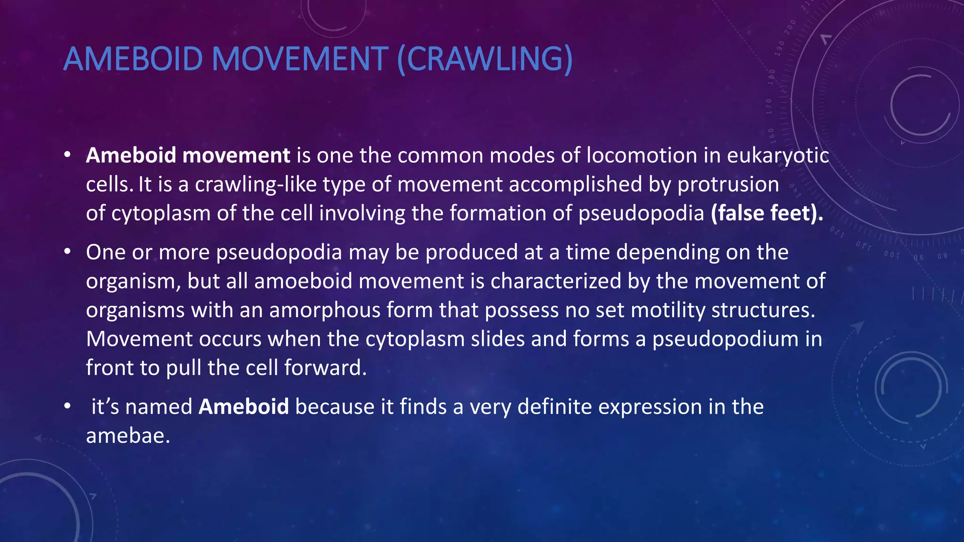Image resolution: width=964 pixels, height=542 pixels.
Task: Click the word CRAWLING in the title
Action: point(485,59)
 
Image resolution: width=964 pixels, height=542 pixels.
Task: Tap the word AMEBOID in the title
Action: point(133,59)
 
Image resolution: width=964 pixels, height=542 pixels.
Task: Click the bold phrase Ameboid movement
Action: point(188,156)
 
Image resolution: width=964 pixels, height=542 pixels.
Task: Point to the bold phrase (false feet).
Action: point(767,213)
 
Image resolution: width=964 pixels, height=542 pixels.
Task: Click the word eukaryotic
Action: point(778,156)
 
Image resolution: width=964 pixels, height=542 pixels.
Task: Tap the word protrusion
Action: point(728,184)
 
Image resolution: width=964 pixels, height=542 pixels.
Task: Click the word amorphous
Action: point(324,311)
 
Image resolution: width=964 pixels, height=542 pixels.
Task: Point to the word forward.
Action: point(325,368)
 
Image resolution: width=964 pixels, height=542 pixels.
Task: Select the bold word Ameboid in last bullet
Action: point(243,407)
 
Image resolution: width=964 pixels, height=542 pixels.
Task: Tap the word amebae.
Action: point(128,436)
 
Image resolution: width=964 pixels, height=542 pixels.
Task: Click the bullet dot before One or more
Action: point(68,252)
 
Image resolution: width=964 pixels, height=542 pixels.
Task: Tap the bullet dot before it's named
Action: point(68,406)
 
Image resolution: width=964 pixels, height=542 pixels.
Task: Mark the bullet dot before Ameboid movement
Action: point(68,155)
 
